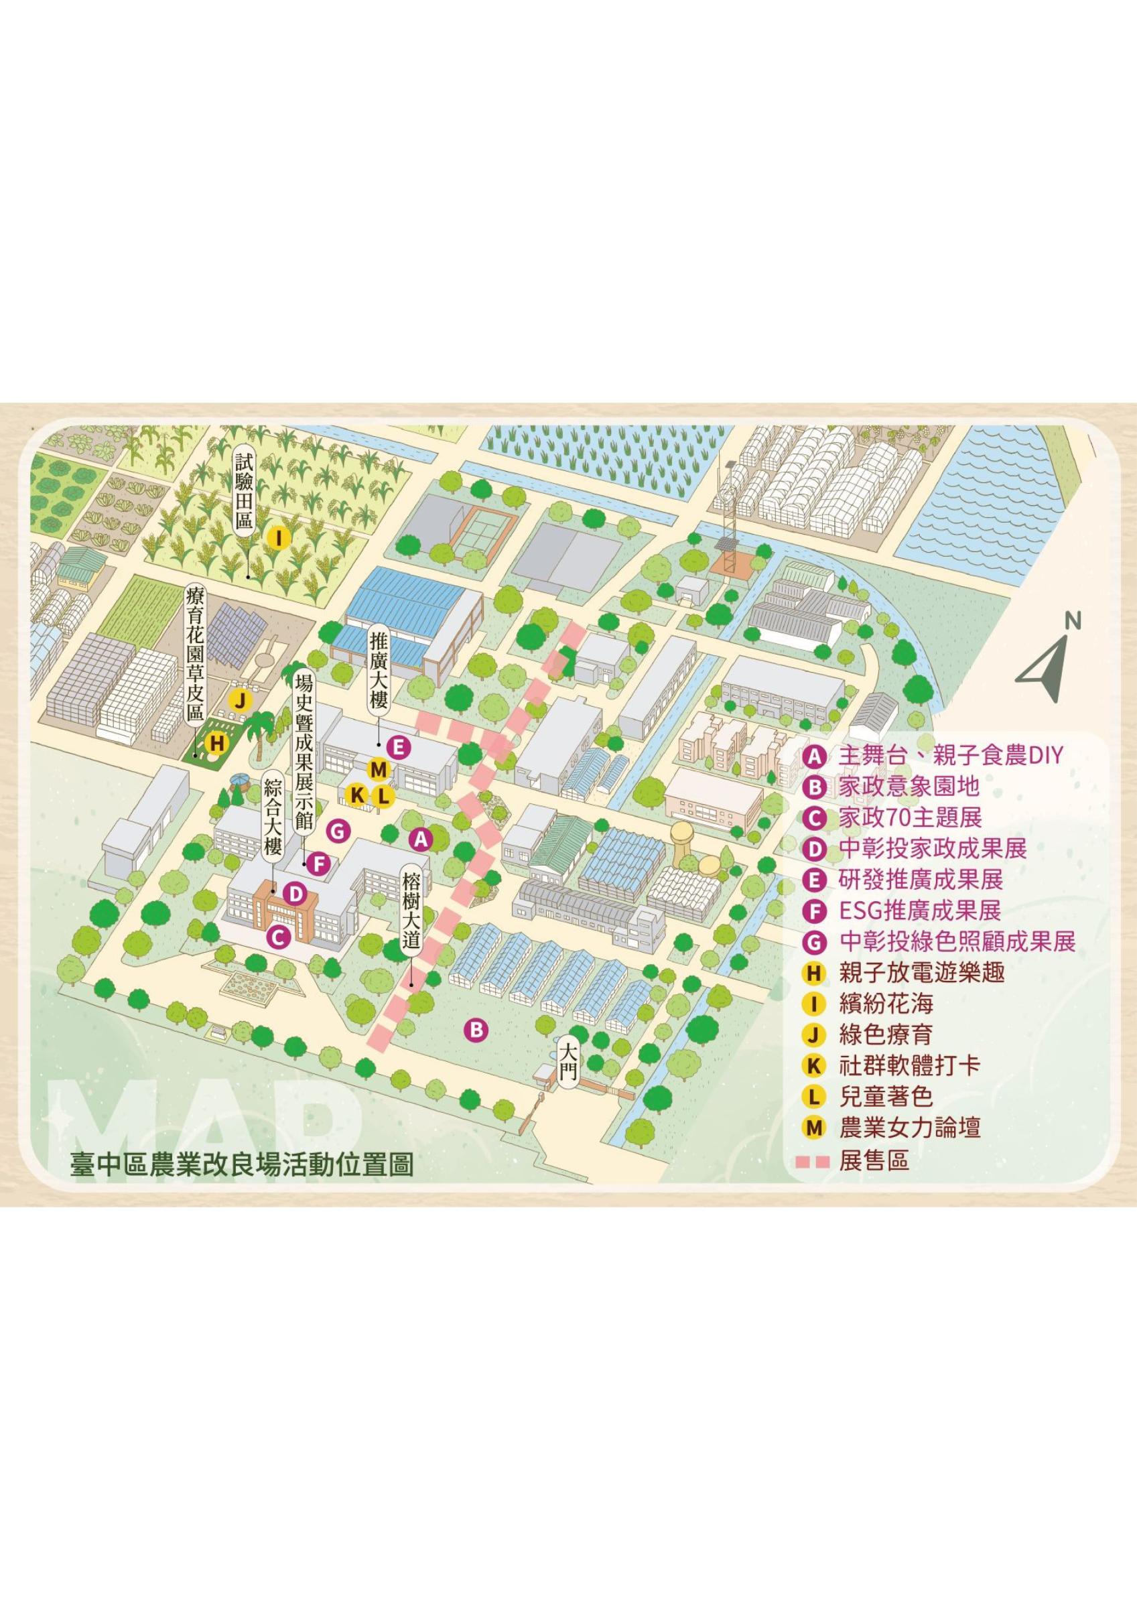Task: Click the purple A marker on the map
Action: point(420,838)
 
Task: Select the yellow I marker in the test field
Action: point(279,539)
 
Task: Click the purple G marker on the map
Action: point(338,831)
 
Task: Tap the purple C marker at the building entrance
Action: point(277,937)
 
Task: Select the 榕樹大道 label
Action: point(413,913)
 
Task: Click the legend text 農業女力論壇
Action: point(909,1128)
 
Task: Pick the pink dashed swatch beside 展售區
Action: point(814,1161)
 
